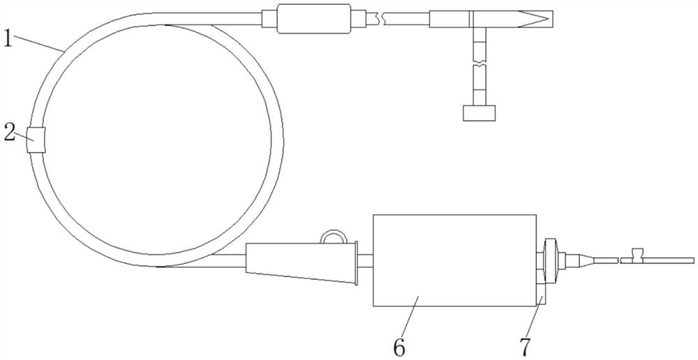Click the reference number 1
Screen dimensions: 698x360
(8, 38)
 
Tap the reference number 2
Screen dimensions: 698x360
(9, 133)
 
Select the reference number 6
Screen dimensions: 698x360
(399, 348)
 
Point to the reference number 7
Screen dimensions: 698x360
(526, 348)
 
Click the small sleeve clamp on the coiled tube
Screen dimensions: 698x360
(36, 140)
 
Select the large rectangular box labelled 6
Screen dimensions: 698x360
(454, 260)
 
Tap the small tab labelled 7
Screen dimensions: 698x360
(540, 294)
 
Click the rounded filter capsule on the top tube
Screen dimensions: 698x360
(314, 19)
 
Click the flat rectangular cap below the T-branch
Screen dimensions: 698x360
(480, 112)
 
